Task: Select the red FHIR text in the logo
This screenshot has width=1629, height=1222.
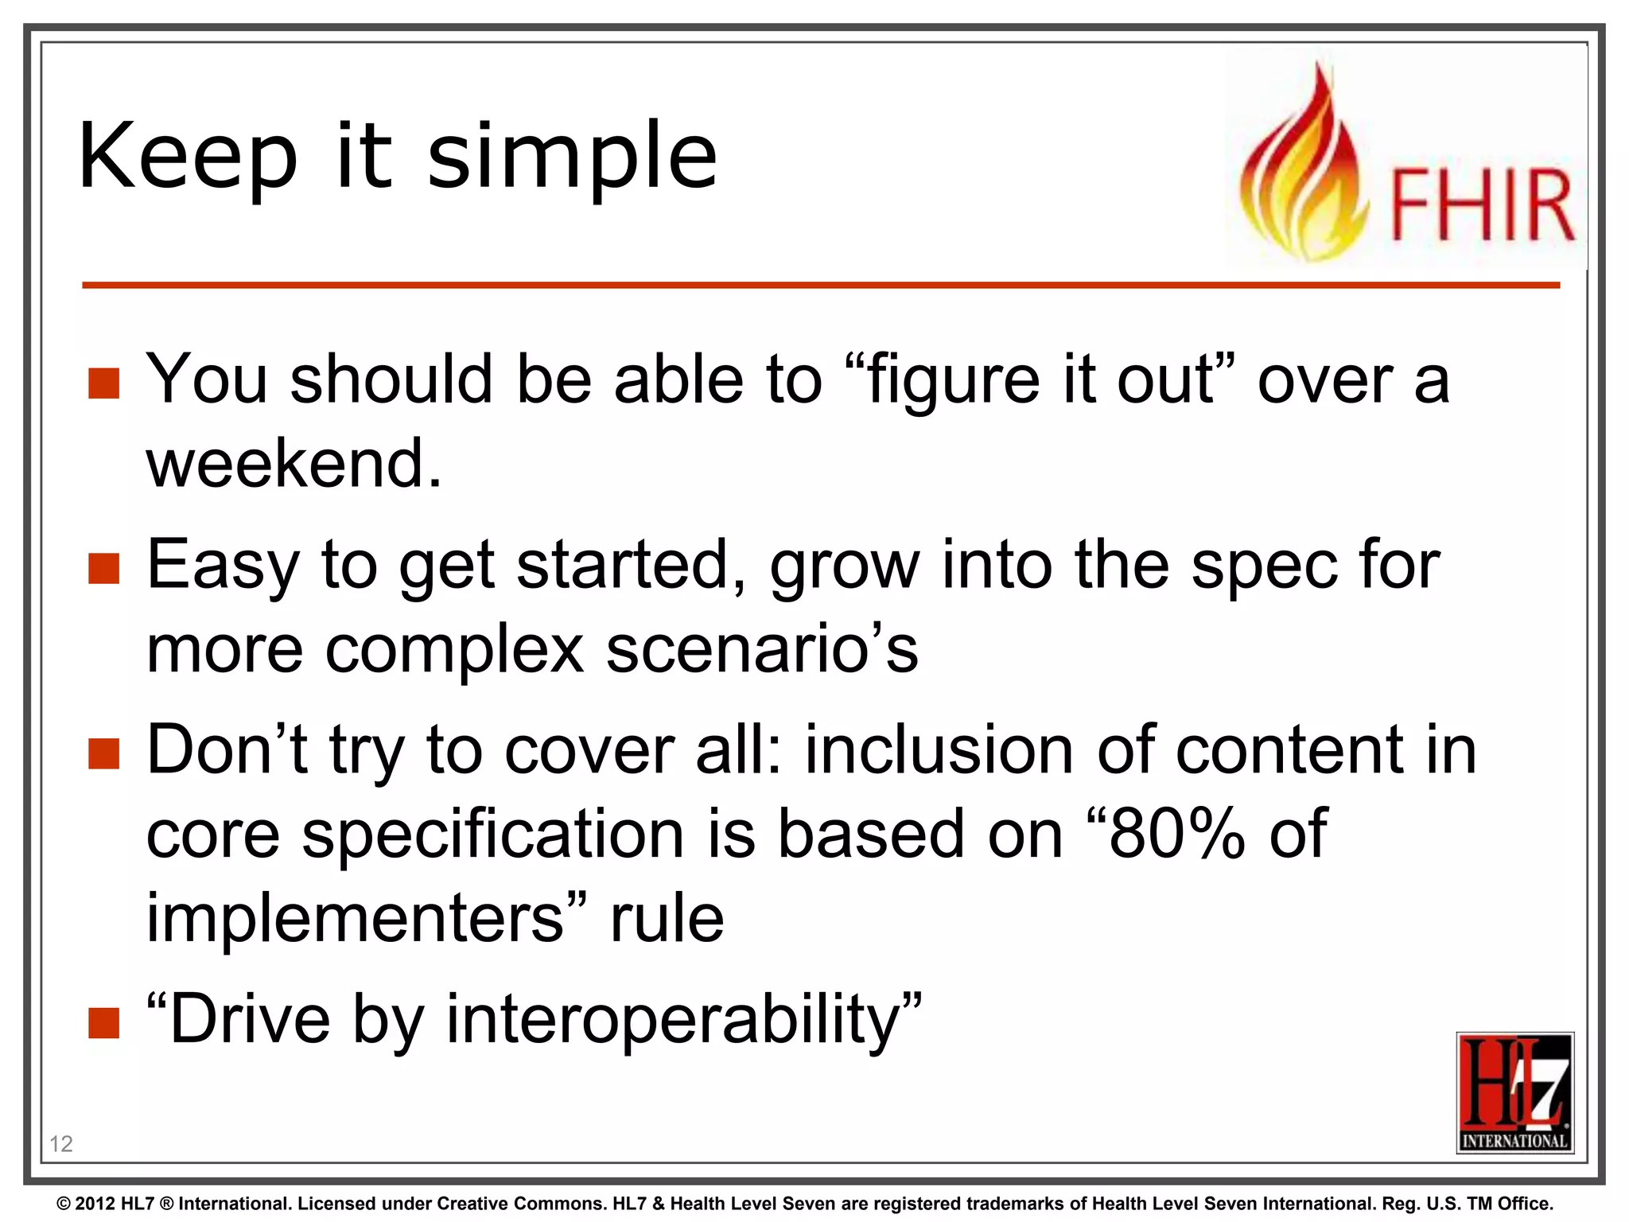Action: tap(1481, 205)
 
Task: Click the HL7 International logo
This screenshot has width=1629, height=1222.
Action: tap(1514, 1092)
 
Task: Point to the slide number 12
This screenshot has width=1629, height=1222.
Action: tap(60, 1144)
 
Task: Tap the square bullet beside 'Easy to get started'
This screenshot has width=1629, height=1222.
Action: tap(103, 568)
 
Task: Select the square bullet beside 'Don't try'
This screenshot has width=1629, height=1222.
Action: tap(103, 753)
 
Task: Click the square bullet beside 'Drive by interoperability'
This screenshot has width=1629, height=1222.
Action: tap(103, 1023)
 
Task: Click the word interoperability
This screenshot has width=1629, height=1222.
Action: tap(672, 1020)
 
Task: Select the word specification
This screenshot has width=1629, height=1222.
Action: tap(493, 835)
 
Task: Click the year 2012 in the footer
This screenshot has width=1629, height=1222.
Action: tap(95, 1204)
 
